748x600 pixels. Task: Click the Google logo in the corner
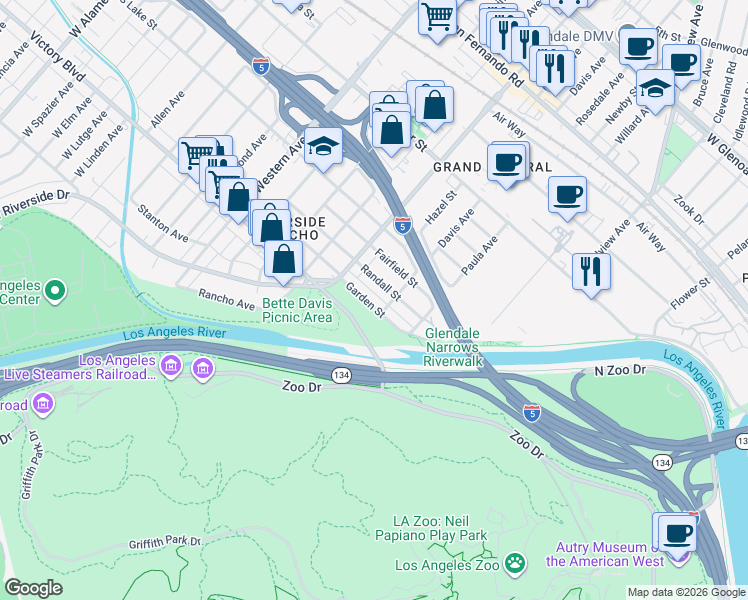[33, 588]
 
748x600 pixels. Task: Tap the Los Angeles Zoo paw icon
[515, 565]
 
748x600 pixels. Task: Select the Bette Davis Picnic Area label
[296, 310]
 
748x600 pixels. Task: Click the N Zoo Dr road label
[623, 370]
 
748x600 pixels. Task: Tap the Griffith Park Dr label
[164, 541]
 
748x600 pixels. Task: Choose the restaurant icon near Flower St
[591, 270]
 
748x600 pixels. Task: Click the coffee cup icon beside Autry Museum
[677, 531]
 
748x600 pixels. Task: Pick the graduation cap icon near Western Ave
[323, 147]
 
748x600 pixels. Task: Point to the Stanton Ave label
[164, 224]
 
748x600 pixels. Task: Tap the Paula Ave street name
[479, 257]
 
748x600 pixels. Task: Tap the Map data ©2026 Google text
[686, 592]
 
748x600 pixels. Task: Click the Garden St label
[365, 299]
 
